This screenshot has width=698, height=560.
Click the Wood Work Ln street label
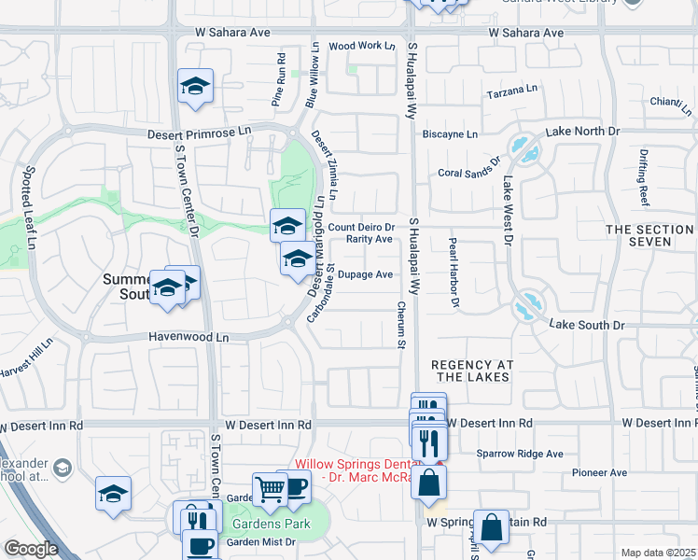(356, 45)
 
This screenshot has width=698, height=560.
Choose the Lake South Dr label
(587, 325)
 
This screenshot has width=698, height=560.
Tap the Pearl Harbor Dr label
(454, 272)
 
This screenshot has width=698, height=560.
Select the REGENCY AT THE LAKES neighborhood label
(470, 371)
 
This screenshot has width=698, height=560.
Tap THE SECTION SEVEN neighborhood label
(651, 235)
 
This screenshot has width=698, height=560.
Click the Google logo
(31, 549)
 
